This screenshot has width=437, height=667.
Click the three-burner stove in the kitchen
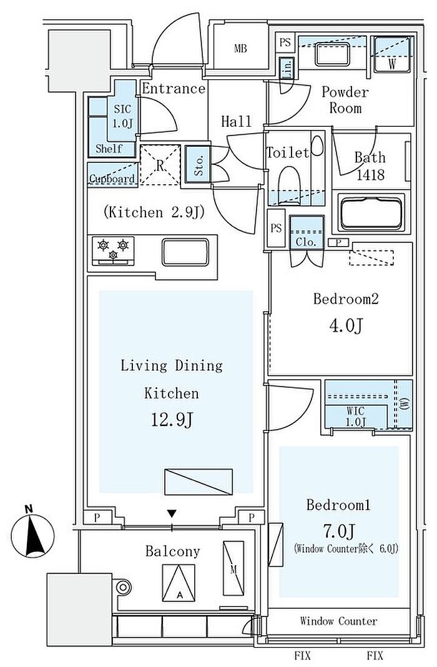click(x=114, y=249)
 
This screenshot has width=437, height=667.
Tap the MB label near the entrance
click(x=240, y=48)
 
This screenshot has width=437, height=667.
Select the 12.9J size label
click(x=170, y=420)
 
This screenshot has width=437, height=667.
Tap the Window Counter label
click(x=338, y=621)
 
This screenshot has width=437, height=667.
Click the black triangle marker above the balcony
click(x=172, y=514)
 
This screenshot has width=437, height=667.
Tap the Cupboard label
click(x=112, y=179)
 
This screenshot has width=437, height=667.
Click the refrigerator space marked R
click(x=160, y=165)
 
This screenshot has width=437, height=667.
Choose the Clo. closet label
click(x=307, y=240)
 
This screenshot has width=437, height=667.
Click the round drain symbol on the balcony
click(x=123, y=588)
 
